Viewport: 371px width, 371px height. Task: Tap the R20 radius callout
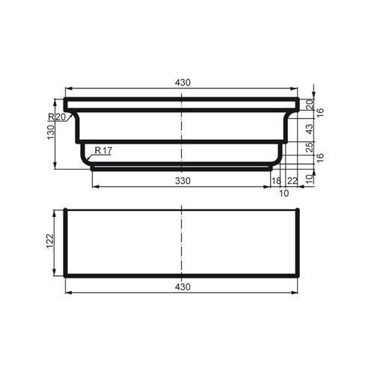(57, 117)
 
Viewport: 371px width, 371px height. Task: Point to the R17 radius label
(103, 151)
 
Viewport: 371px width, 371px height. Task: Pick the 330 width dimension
(182, 181)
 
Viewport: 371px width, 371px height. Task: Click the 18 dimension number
(276, 181)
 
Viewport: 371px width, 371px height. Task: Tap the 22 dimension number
(292, 181)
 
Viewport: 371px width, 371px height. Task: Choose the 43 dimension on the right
(310, 128)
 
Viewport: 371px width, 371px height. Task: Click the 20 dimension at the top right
(310, 104)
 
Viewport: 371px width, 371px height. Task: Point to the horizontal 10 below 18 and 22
(283, 193)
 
